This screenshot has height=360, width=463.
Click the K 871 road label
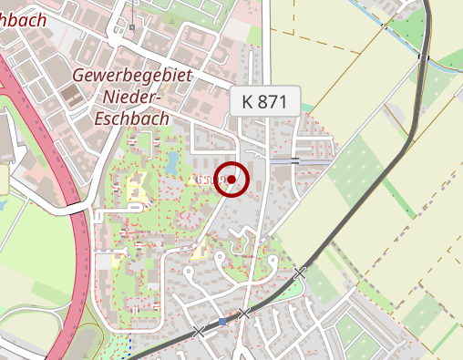point(265,101)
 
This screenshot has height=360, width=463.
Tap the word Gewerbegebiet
point(132,76)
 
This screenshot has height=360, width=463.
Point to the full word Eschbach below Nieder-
point(132,117)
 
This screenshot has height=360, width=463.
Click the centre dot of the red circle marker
point(233,180)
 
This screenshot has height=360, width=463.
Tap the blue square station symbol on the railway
point(221,322)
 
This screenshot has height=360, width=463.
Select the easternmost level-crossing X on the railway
point(300,273)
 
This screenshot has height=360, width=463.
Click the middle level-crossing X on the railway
point(243,314)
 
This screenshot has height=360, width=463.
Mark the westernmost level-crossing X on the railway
point(200,332)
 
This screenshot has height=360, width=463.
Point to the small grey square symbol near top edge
point(132,27)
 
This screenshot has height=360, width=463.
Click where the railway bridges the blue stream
point(424,57)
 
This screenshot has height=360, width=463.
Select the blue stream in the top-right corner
point(401,36)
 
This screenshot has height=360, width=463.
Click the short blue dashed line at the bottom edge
point(130,347)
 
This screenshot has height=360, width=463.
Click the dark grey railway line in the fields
point(383,182)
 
